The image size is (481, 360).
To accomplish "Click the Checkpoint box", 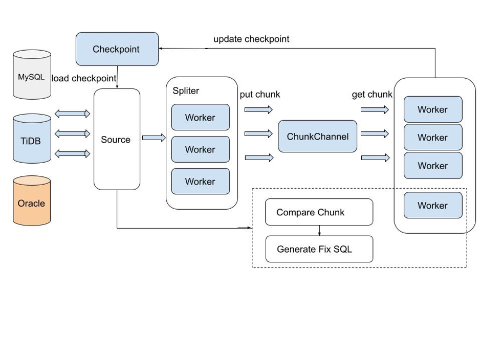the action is [x=117, y=49].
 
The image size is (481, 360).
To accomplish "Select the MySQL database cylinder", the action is [x=32, y=75].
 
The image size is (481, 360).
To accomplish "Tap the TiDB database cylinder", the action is [x=32, y=139].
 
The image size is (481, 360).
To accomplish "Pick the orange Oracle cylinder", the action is [x=32, y=200].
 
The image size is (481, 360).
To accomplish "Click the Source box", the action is [x=117, y=139].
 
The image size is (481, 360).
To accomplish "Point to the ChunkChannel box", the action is [x=317, y=136].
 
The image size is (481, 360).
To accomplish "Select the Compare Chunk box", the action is [x=319, y=212].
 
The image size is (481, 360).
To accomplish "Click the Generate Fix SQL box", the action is [x=319, y=249].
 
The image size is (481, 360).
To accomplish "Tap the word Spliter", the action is [x=186, y=91].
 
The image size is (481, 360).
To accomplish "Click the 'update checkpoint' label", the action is [x=251, y=39].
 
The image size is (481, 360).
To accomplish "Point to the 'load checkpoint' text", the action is [x=84, y=78].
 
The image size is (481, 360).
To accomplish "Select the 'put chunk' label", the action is [x=260, y=95].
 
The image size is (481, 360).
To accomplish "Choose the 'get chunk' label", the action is [x=372, y=95].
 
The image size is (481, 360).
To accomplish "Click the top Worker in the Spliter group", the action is [x=201, y=117].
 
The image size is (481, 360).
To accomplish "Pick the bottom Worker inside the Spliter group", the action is [x=201, y=181].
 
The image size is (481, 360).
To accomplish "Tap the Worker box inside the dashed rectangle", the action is [x=433, y=205].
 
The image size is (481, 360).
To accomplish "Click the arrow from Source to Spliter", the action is [x=154, y=138].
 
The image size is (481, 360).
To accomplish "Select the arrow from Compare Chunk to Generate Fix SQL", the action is [x=319, y=231].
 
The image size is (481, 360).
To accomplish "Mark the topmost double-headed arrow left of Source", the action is [x=72, y=114].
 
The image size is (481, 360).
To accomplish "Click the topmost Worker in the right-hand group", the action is [x=433, y=109].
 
